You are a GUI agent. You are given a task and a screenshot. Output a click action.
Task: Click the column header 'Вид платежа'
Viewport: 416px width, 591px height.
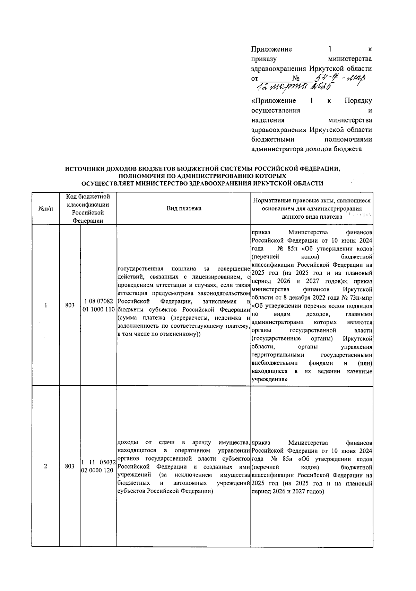pos(184,208)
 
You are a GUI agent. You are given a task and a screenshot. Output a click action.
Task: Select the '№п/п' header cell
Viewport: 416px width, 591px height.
pos(45,209)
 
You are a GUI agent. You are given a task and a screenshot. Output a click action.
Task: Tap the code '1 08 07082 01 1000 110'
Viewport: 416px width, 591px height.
pos(98,305)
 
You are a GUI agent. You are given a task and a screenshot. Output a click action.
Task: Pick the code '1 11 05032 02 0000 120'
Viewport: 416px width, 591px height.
pos(98,466)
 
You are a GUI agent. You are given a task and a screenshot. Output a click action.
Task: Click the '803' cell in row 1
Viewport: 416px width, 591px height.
pos(70,305)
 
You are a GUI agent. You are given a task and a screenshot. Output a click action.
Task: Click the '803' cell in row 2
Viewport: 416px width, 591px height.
pos(70,466)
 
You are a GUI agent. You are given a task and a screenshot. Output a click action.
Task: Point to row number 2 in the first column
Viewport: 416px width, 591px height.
pos(45,466)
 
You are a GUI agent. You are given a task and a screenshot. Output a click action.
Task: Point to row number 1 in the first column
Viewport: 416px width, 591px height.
pos(45,305)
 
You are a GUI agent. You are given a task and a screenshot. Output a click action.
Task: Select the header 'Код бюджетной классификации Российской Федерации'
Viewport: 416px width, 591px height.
pos(88,209)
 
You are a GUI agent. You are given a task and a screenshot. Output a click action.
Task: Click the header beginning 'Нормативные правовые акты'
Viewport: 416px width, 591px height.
pos(312,209)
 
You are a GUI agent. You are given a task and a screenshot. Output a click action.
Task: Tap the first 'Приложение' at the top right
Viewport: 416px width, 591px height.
pos(271,49)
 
